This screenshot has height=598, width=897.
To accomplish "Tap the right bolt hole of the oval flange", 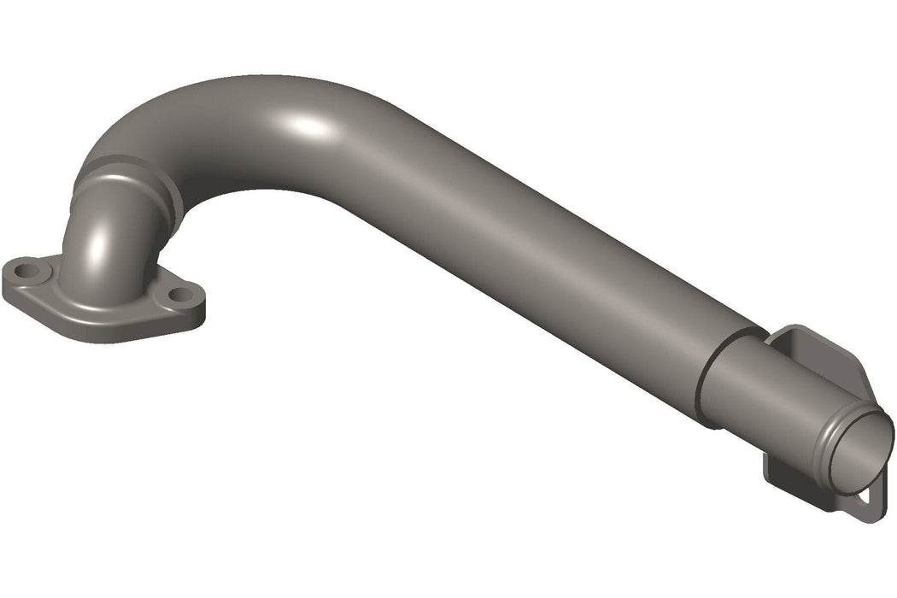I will click(179, 295).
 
